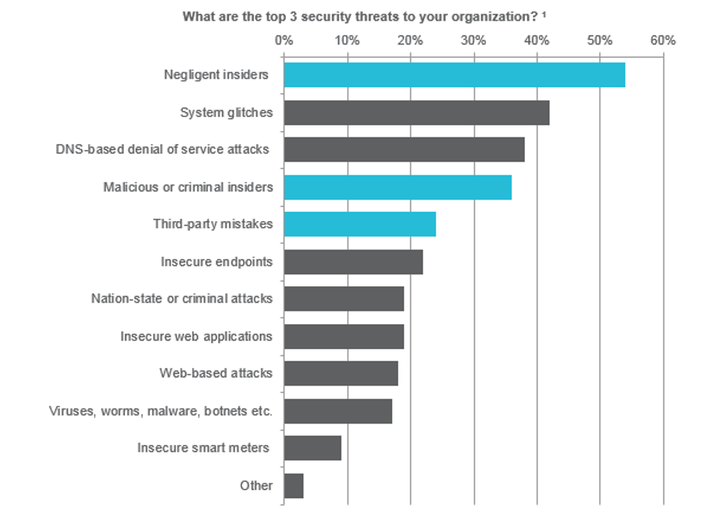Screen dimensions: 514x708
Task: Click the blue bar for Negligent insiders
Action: point(454,75)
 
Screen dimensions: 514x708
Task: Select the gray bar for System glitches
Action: point(416,113)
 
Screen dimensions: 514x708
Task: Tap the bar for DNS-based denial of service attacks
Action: point(404,150)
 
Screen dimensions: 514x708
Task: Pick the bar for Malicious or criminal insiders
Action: point(397,187)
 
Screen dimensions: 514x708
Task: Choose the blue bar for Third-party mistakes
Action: point(359,224)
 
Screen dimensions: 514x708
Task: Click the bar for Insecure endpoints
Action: point(353,262)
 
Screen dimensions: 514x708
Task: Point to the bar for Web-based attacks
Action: point(341,373)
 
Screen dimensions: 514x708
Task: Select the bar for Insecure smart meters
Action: point(312,448)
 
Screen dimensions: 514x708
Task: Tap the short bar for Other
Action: point(293,486)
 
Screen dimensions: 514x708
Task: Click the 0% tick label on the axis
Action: point(284,40)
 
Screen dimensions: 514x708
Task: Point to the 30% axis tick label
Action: point(473,40)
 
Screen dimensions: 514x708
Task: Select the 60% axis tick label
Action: point(663,40)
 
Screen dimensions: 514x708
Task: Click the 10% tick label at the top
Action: point(347,40)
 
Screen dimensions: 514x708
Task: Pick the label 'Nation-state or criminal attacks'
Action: point(181,299)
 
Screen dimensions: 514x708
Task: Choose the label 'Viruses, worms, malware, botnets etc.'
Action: point(161,411)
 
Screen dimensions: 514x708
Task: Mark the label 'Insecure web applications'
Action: point(196,336)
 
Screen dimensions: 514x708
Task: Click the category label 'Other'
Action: point(256,486)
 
